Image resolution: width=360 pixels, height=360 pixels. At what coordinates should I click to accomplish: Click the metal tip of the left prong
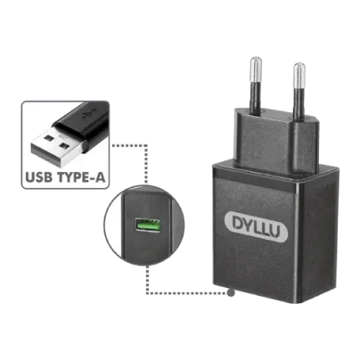[x=258, y=64]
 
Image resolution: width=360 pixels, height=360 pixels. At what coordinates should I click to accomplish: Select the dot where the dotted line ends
[x=233, y=291]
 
